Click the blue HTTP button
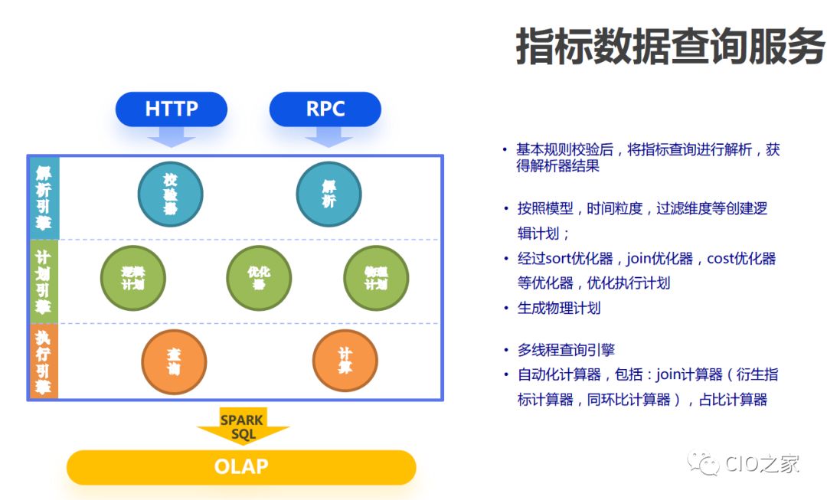click(x=172, y=109)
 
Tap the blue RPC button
click(x=325, y=109)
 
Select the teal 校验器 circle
click(x=170, y=194)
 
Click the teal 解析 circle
click(x=329, y=194)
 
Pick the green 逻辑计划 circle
click(x=132, y=278)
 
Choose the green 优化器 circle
click(x=259, y=278)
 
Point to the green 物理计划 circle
click(x=376, y=278)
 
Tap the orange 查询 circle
click(x=174, y=361)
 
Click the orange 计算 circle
click(x=345, y=361)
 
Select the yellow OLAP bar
click(x=241, y=466)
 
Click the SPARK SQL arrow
click(x=242, y=426)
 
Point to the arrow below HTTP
click(x=172, y=136)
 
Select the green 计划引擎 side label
click(x=44, y=280)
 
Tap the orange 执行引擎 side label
click(x=44, y=361)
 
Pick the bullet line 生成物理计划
click(x=558, y=308)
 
